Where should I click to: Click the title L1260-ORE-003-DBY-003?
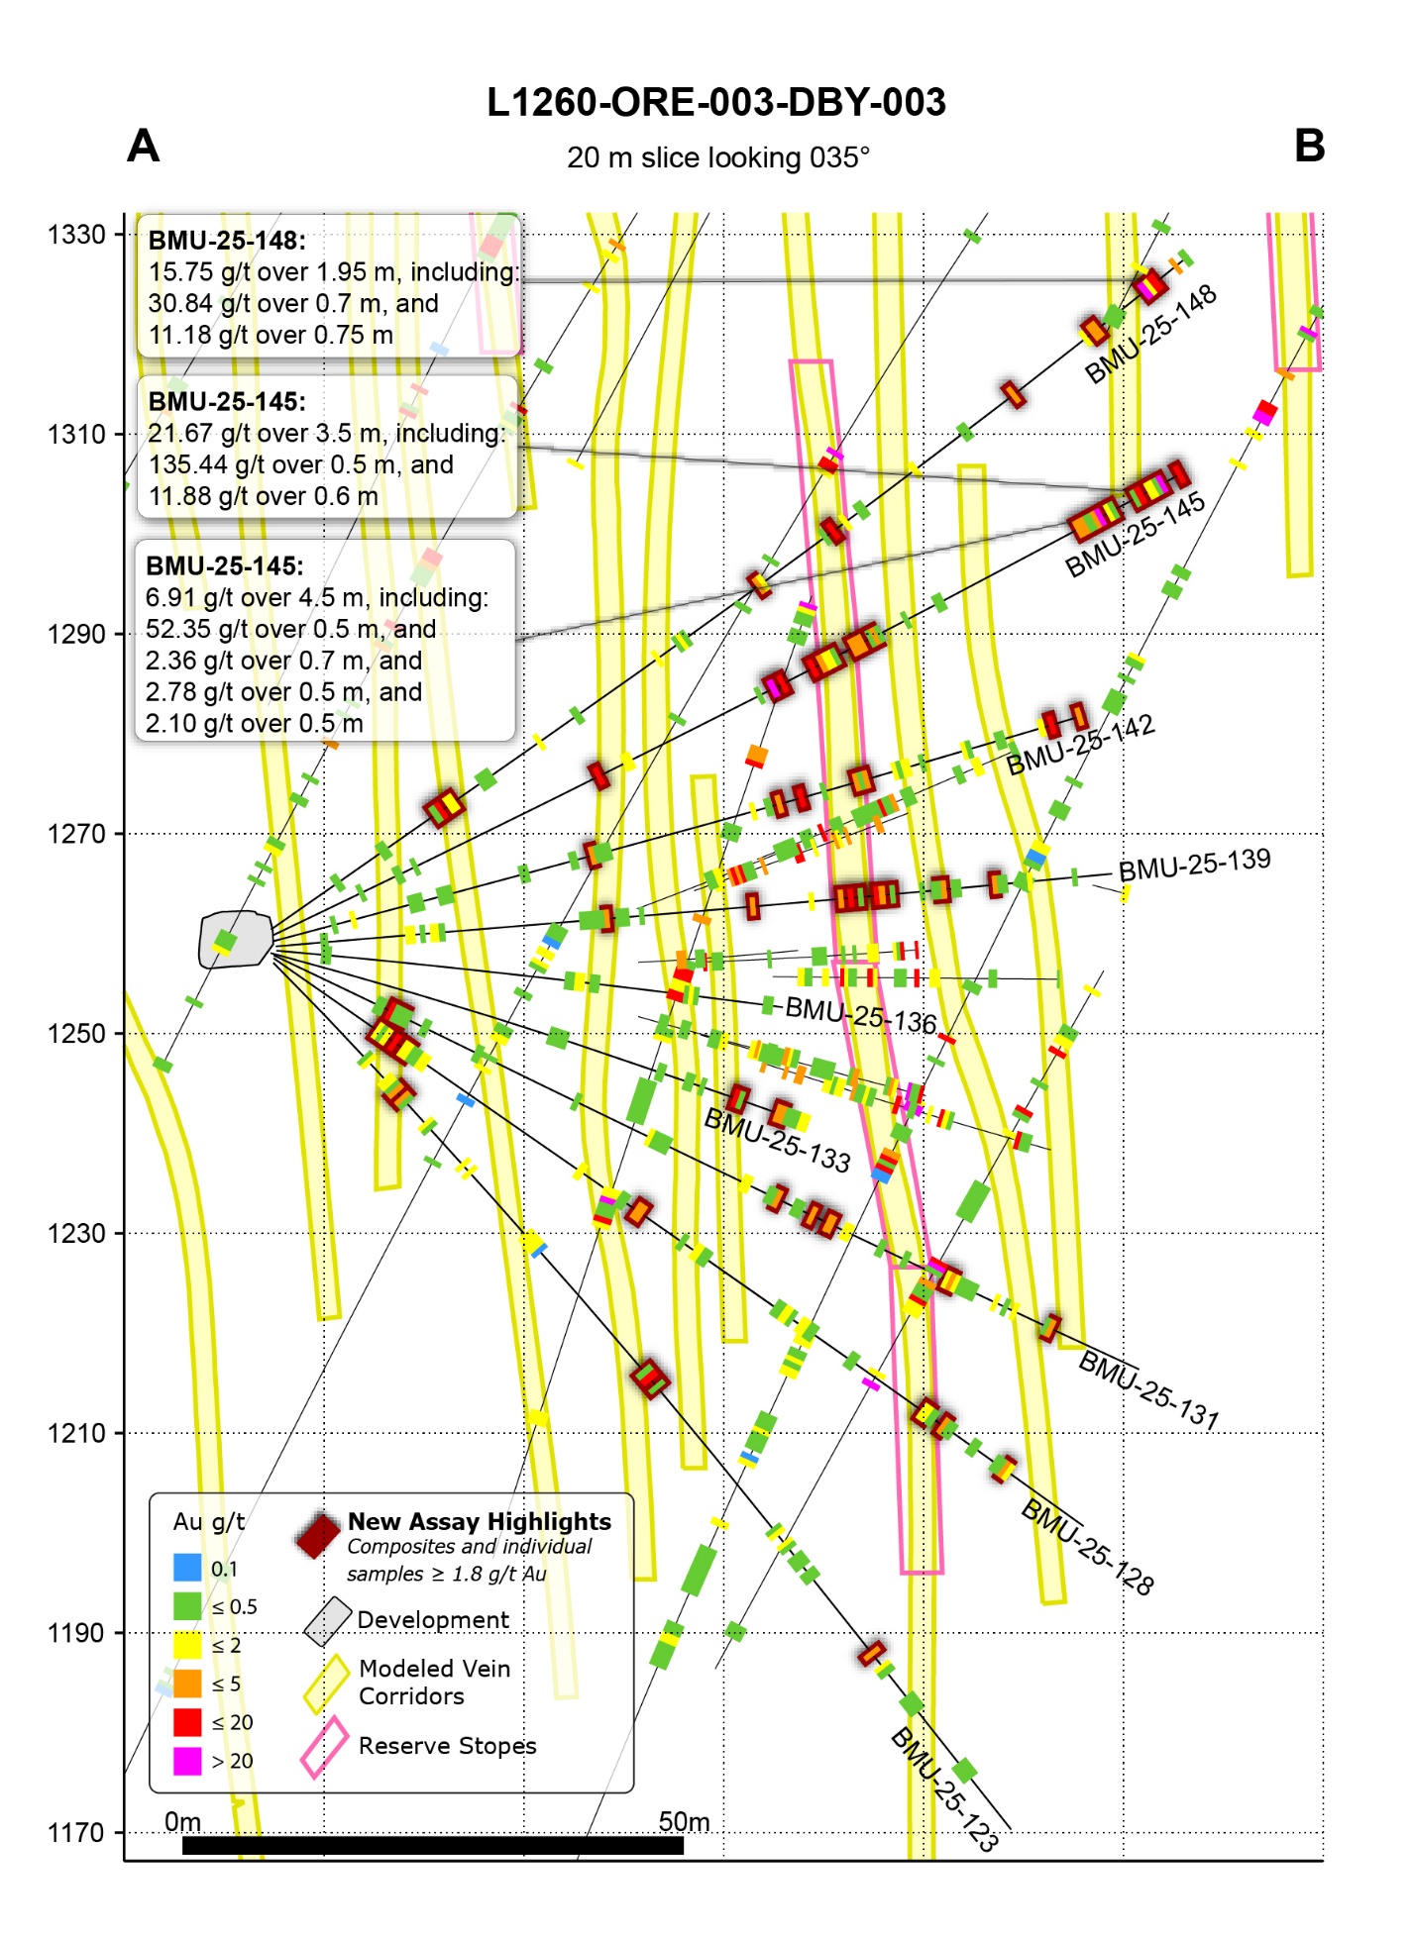coord(715,102)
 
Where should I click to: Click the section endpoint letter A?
coord(144,147)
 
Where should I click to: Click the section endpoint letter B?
coord(1309,147)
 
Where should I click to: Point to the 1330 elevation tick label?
coord(77,235)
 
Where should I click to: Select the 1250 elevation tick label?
coord(77,1034)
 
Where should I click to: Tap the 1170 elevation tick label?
coord(77,1833)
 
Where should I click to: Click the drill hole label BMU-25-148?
coord(1150,335)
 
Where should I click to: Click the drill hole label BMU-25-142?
coord(1081,745)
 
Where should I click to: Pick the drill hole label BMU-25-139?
coord(1194,864)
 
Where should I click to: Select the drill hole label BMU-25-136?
coord(860,1015)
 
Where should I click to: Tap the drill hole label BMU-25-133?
coord(777,1141)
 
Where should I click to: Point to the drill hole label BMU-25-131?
coord(1148,1390)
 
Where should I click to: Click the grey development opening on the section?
coord(236,939)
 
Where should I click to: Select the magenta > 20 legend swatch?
coord(187,1761)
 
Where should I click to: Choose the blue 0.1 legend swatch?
coord(187,1568)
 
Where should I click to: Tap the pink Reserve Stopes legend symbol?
coord(324,1747)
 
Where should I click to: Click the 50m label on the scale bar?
coord(684,1822)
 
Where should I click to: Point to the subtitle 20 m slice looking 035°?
coord(717,158)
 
